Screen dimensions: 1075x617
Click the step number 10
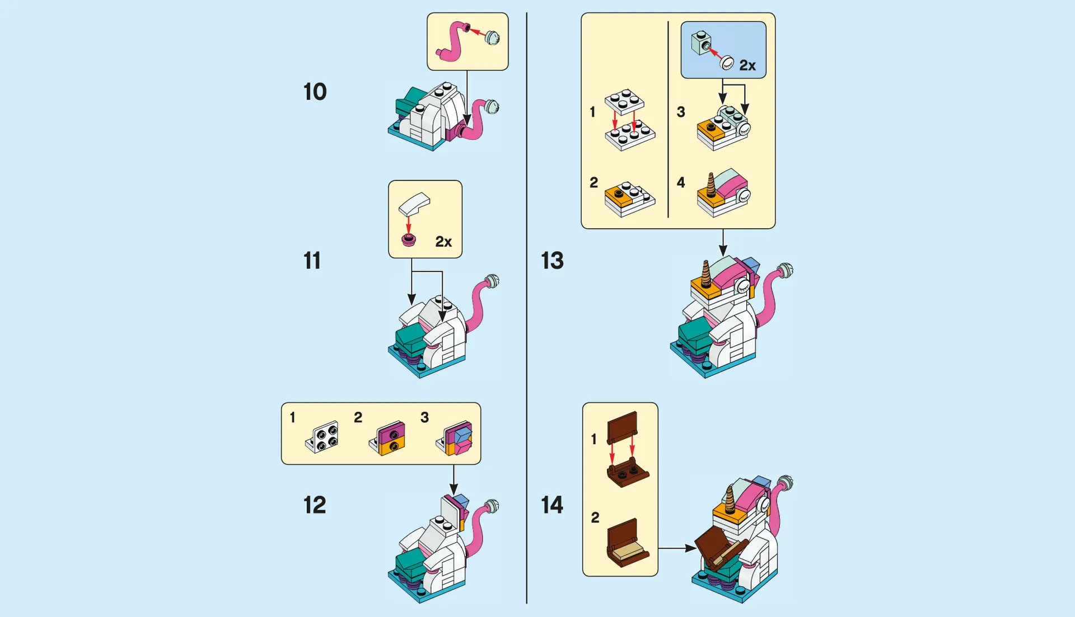click(315, 92)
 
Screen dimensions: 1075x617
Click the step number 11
click(312, 261)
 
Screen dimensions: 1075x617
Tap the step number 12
click(315, 505)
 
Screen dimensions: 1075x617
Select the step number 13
click(552, 261)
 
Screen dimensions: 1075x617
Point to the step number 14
click(552, 505)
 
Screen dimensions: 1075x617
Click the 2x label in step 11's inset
click(443, 242)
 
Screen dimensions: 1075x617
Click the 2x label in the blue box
click(747, 65)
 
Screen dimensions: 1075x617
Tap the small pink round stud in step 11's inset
click(409, 241)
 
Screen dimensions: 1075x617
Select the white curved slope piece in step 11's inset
click(414, 204)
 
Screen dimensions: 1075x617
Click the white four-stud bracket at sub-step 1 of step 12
click(322, 437)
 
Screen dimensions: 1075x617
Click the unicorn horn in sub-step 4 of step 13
click(711, 185)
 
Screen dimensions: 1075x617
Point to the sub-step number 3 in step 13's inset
click(681, 112)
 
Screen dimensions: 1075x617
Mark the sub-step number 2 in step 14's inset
click(595, 518)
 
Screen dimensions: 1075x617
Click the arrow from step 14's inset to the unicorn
click(677, 549)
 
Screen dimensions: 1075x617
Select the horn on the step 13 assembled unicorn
click(705, 274)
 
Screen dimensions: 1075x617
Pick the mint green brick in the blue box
click(700, 43)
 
